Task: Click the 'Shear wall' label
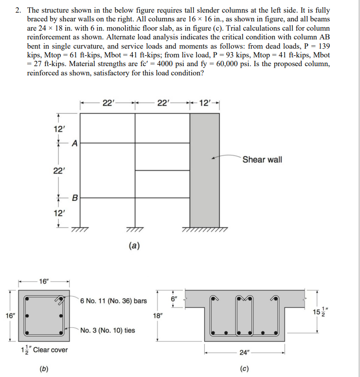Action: point(262,160)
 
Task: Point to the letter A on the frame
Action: point(74,143)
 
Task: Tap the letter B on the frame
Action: point(74,197)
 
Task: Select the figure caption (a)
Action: point(135,246)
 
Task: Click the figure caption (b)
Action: point(44,368)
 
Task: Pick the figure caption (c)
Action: point(244,368)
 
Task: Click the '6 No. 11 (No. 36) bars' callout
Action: point(113,301)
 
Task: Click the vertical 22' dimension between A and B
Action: point(57,170)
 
